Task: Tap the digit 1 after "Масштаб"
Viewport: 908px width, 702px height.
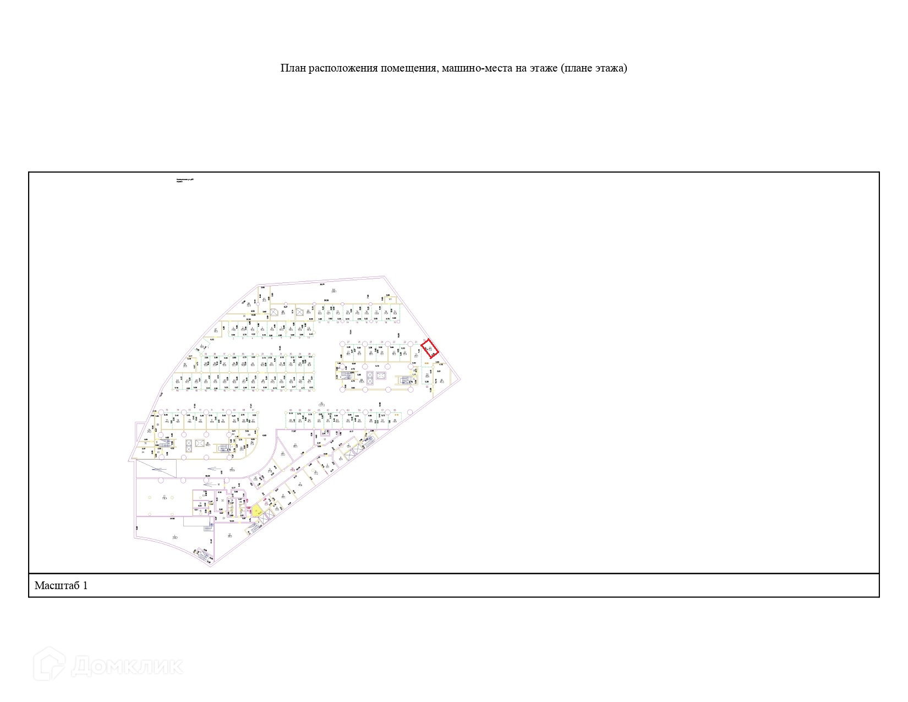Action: point(85,585)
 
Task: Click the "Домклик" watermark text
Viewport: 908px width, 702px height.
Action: point(127,666)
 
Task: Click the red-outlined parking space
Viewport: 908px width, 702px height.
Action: point(430,349)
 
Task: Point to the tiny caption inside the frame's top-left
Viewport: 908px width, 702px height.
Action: point(185,180)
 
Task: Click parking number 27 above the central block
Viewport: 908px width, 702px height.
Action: point(348,342)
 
